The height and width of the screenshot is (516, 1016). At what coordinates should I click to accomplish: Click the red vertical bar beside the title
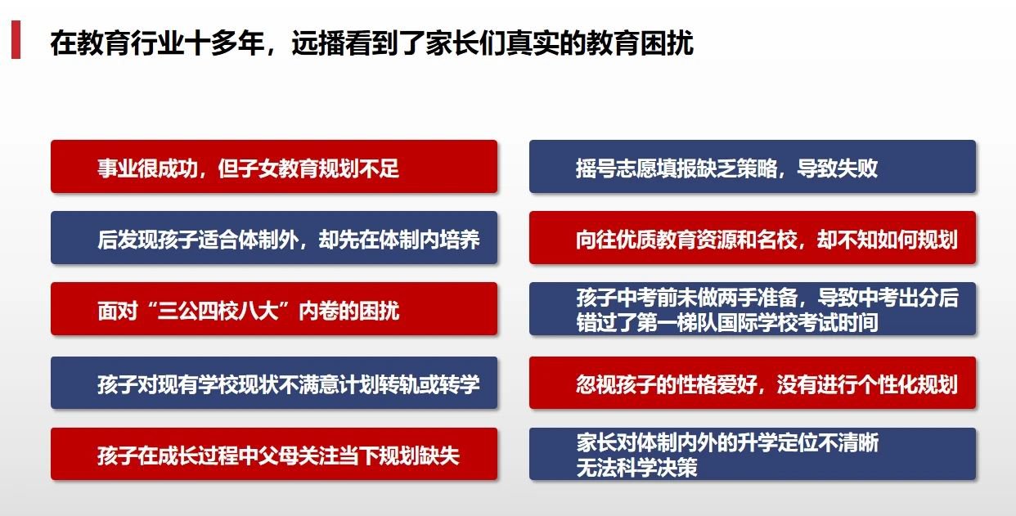pyautogui.click(x=16, y=39)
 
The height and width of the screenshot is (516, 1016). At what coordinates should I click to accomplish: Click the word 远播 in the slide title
pyautogui.click(x=318, y=43)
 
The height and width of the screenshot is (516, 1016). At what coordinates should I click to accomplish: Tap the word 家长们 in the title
pyautogui.click(x=465, y=43)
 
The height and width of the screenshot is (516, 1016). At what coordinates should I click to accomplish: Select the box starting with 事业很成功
pyautogui.click(x=274, y=167)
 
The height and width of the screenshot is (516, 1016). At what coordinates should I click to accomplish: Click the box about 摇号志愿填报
pyautogui.click(x=753, y=167)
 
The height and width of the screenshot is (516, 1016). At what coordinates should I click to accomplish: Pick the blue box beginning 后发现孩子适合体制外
pyautogui.click(x=274, y=238)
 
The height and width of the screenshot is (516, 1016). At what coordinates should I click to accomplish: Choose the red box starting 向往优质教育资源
pyautogui.click(x=753, y=238)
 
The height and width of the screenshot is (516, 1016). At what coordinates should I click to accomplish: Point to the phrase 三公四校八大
pyautogui.click(x=218, y=311)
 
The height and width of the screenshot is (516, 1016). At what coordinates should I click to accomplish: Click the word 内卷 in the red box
pyautogui.click(x=318, y=311)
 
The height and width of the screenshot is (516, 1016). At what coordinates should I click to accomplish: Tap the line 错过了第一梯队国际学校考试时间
pyautogui.click(x=727, y=323)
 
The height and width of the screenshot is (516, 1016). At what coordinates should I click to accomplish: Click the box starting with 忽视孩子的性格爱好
pyautogui.click(x=753, y=384)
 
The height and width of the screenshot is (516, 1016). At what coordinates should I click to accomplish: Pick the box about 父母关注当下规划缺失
pyautogui.click(x=274, y=454)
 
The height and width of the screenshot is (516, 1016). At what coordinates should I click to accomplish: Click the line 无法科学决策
pyautogui.click(x=636, y=468)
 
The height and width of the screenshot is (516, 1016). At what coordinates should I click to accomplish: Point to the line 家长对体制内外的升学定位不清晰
pyautogui.click(x=727, y=442)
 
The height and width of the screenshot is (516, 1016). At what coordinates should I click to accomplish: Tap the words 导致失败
pyautogui.click(x=838, y=168)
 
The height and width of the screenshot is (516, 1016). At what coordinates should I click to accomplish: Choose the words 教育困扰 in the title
pyautogui.click(x=640, y=43)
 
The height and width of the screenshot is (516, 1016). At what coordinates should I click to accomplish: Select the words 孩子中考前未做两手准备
pyautogui.click(x=687, y=298)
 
